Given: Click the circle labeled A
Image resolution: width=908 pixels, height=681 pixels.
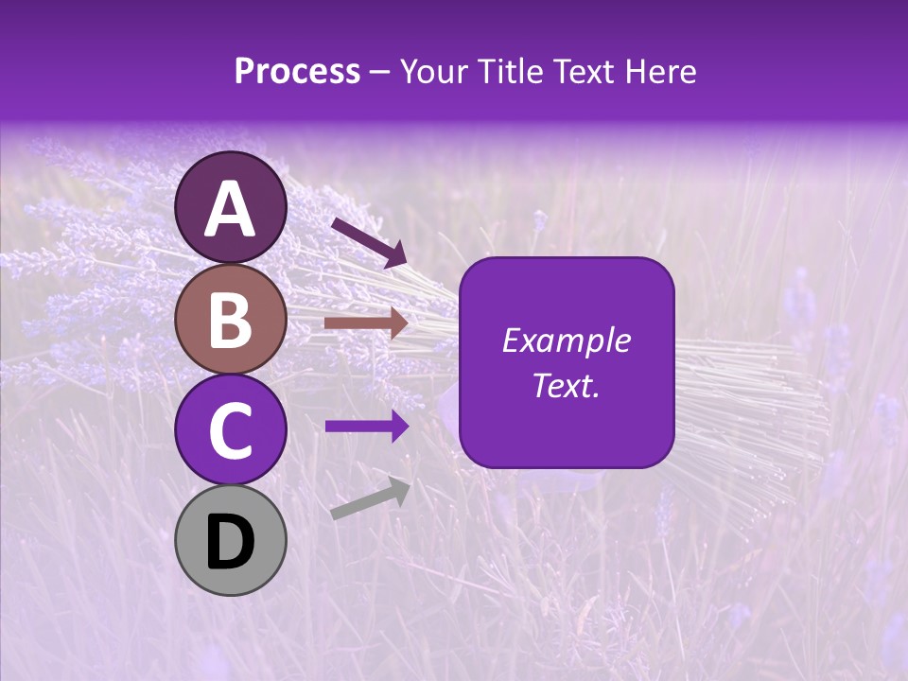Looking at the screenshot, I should tap(231, 207).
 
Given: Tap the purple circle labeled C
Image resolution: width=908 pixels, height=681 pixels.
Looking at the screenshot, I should tap(231, 429).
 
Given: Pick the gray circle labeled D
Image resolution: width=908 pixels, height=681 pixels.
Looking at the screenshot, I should tap(231, 540).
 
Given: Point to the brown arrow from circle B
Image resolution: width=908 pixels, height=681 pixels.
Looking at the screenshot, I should tap(366, 323).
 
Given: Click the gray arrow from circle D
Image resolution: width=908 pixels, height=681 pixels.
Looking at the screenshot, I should tap(370, 499).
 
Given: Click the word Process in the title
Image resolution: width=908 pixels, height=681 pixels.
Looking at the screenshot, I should tap(297, 72).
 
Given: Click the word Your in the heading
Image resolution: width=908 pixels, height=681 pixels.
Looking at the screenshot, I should tap(432, 72).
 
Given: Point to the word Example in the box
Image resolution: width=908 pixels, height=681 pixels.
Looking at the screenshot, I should tap(566, 340).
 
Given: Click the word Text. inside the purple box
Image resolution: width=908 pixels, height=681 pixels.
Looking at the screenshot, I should tap(566, 385).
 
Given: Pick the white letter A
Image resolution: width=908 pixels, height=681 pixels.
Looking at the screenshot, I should tap(231, 209).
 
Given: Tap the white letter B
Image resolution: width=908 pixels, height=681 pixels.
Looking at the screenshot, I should tap(231, 320).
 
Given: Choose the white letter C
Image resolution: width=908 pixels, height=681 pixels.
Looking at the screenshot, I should tap(231, 430).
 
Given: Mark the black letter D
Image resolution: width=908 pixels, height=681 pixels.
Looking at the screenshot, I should tap(231, 542).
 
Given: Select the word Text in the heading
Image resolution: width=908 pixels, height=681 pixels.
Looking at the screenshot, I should tap(582, 72).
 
